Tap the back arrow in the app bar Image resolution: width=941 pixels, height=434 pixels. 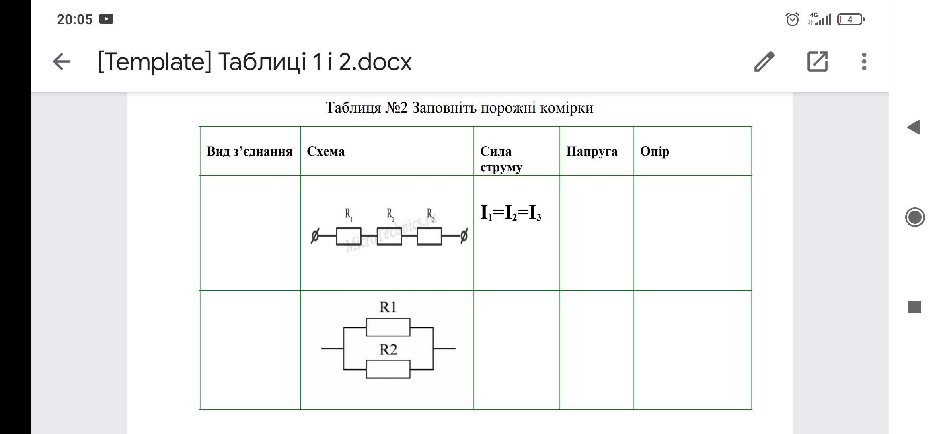[x=62, y=62]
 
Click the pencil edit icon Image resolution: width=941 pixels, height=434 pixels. [x=764, y=62]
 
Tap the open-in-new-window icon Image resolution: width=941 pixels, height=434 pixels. [x=818, y=62]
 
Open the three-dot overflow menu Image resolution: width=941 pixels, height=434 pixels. [x=864, y=62]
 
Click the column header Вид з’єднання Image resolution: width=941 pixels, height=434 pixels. [x=249, y=151]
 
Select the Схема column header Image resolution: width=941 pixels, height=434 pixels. [x=326, y=151]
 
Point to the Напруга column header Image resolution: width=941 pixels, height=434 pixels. [x=592, y=151]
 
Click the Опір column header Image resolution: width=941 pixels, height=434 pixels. [x=654, y=151]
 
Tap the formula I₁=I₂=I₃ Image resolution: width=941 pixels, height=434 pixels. [x=511, y=213]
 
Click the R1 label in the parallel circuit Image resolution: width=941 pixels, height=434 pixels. [x=388, y=307]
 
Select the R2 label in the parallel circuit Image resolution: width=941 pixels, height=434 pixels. [x=388, y=350]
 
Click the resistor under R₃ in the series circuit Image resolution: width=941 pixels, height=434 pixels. [x=429, y=236]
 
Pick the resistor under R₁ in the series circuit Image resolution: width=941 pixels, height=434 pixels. [x=349, y=236]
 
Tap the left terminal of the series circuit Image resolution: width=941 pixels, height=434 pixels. [x=315, y=236]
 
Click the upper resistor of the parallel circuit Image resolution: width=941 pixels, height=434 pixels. [x=388, y=327]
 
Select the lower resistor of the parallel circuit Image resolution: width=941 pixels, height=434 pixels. [x=388, y=369]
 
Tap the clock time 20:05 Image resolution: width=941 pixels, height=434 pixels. [x=75, y=19]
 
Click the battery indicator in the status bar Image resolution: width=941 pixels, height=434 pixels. [x=850, y=19]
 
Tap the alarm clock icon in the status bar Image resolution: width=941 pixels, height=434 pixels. [x=792, y=19]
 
